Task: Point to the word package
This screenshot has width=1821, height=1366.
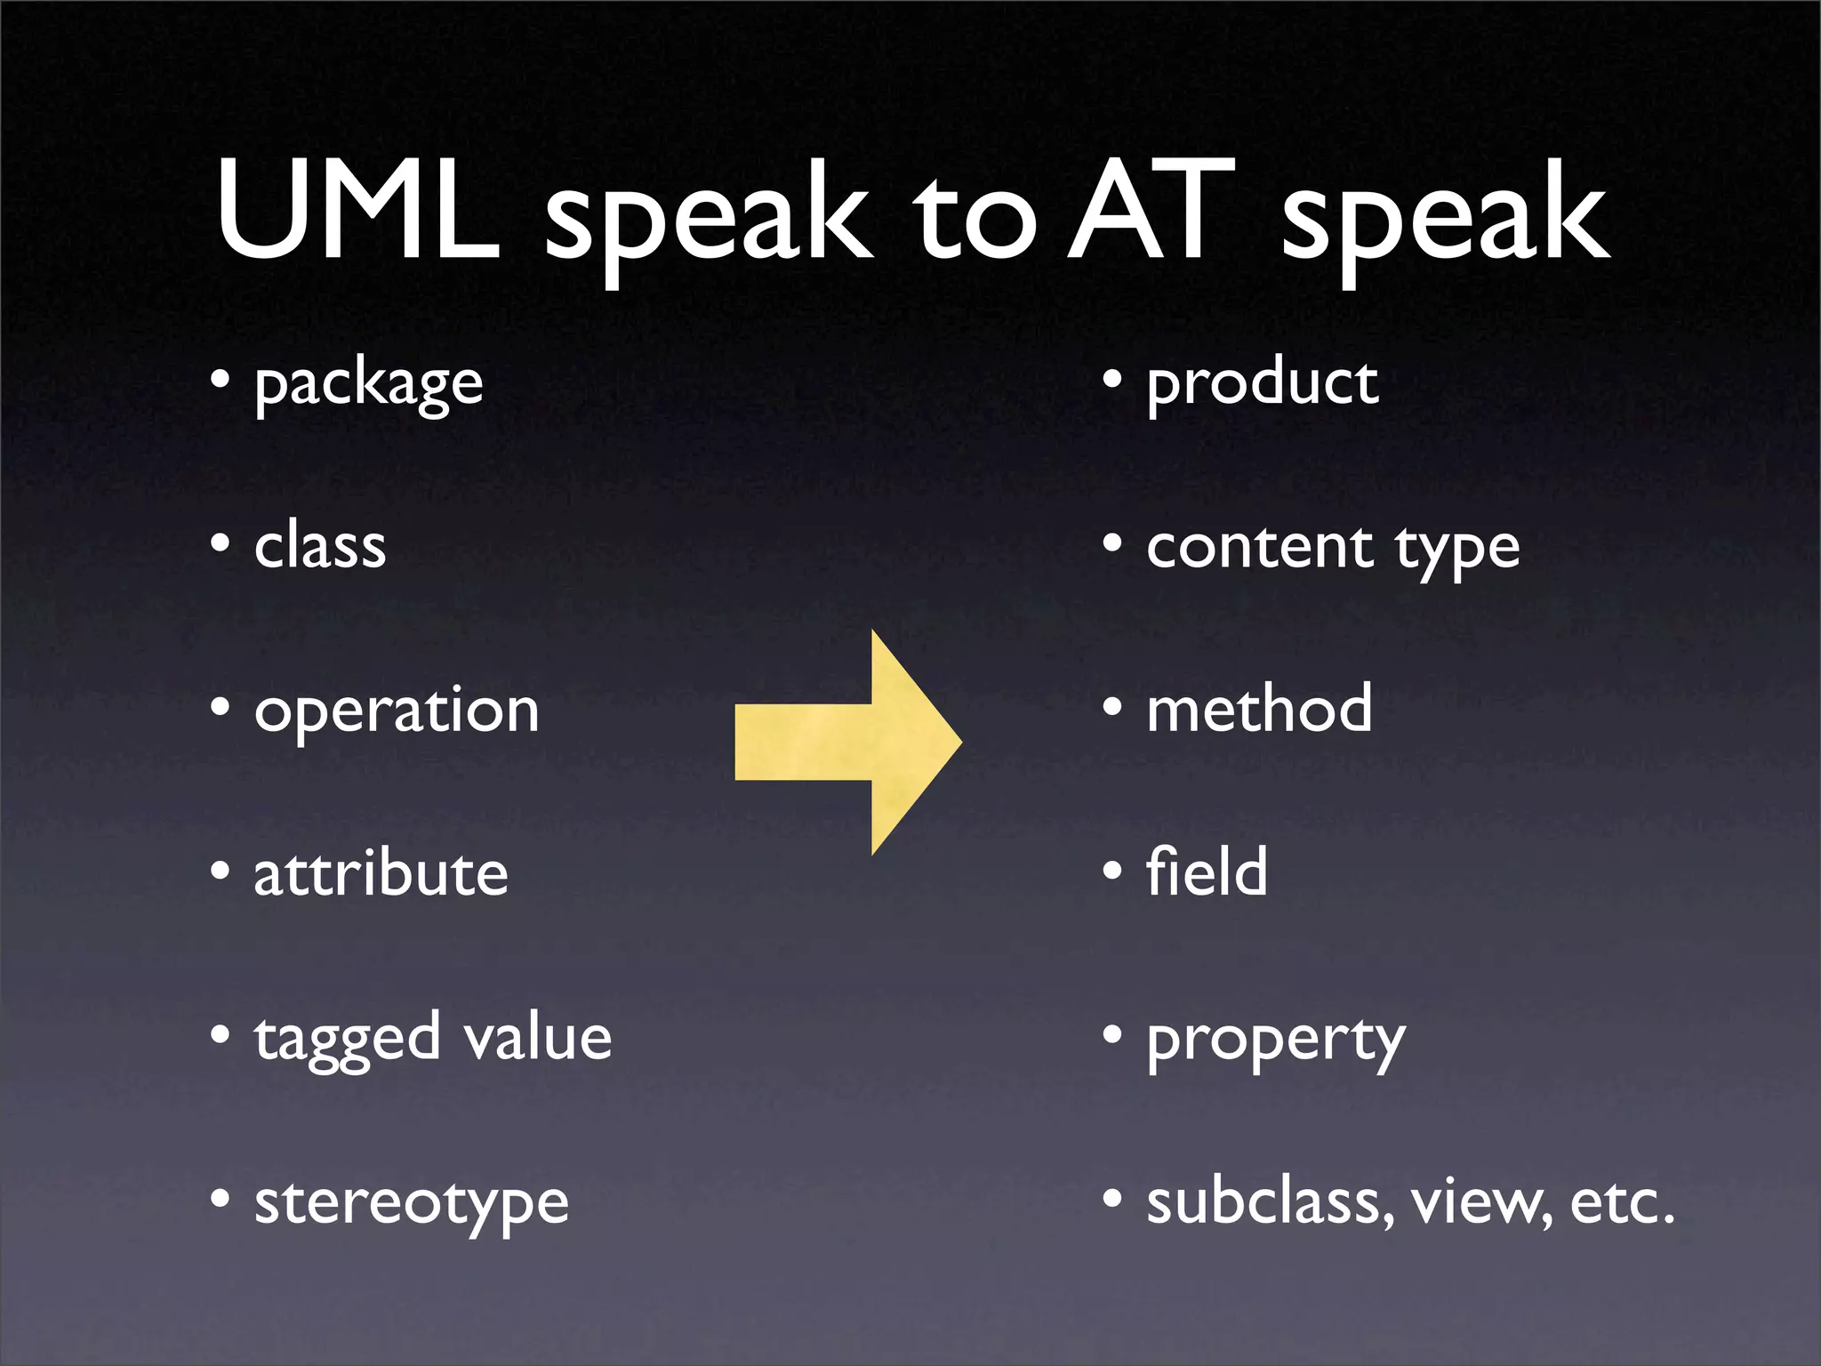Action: (x=368, y=386)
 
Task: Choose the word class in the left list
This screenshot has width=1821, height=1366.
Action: (x=320, y=546)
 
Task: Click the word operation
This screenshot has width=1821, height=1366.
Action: (x=397, y=711)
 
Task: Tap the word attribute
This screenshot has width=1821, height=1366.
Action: (x=381, y=873)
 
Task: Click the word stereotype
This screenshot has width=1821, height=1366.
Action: (x=411, y=1204)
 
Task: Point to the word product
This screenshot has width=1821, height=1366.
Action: (x=1262, y=386)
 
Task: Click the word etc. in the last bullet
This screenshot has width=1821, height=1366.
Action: (x=1622, y=1202)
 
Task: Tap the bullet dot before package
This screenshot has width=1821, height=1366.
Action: (x=221, y=380)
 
